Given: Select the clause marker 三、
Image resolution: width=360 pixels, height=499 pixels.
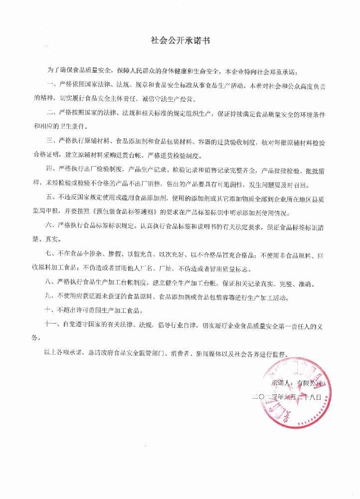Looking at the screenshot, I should (x=51, y=137).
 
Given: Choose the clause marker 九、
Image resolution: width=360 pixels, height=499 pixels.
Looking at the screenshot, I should (x=51, y=297).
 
